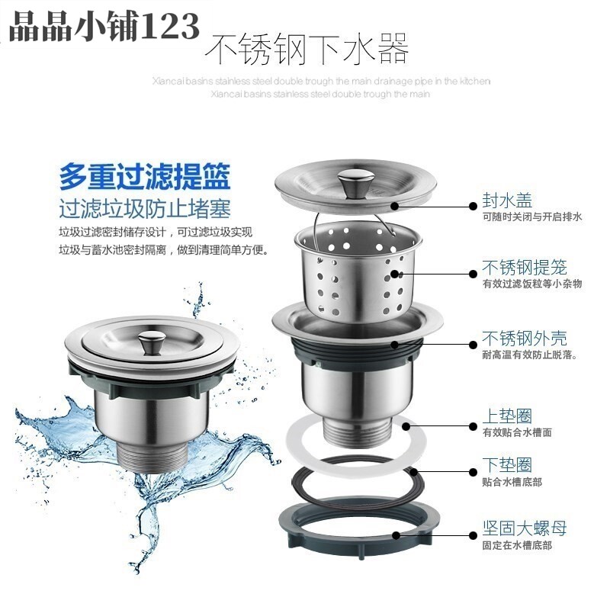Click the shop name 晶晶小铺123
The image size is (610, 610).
[x=104, y=27]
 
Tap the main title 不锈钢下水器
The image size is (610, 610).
[x=307, y=49]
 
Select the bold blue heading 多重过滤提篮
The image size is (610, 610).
[x=145, y=177]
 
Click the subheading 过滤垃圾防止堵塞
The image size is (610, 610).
[x=145, y=209]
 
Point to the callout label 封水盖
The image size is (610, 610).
[x=507, y=201]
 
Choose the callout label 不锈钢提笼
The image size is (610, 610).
[x=525, y=268]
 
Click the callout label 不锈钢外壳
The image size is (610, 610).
[x=525, y=338]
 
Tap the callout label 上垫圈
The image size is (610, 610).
[x=507, y=416]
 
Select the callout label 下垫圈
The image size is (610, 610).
[x=507, y=464]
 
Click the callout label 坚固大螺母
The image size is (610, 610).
[x=525, y=528]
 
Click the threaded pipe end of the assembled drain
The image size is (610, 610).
[x=152, y=457]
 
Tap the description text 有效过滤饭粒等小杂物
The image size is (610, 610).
[x=532, y=284]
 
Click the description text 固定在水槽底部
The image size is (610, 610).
[x=517, y=545]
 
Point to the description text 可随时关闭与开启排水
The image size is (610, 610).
[x=532, y=217]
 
